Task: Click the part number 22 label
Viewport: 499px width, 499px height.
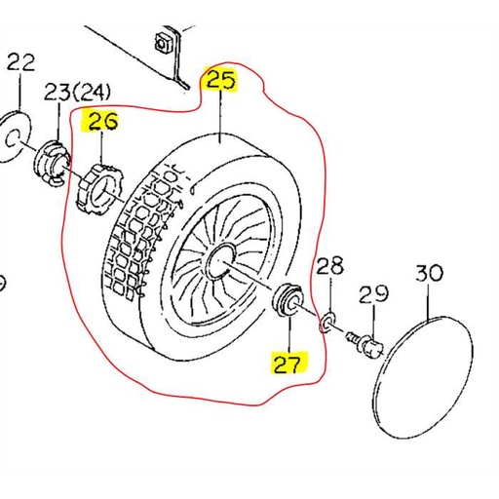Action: click(20, 62)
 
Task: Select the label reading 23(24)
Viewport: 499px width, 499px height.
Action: click(79, 94)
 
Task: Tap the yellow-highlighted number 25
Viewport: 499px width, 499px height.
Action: click(220, 79)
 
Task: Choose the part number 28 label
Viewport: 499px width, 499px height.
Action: click(330, 264)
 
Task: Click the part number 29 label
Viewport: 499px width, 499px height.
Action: click(373, 292)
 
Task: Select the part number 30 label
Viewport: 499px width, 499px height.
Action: click(430, 273)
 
